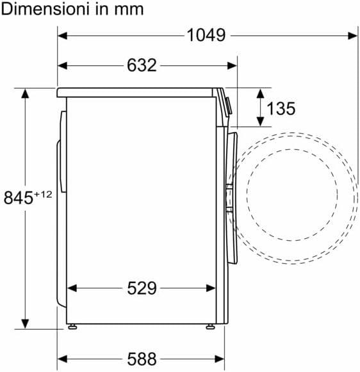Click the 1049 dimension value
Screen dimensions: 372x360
(x=206, y=35)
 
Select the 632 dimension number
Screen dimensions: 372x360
(x=142, y=65)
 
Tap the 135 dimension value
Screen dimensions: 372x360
(x=281, y=109)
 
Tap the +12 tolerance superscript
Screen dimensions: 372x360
(x=42, y=194)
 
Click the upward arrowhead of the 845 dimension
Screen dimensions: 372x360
(x=26, y=93)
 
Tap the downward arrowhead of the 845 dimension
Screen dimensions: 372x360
(x=26, y=323)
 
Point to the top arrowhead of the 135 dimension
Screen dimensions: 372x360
(x=260, y=93)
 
